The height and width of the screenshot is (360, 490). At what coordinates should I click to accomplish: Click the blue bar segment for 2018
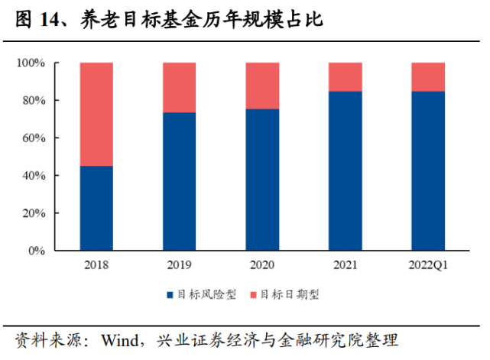[x=96, y=208]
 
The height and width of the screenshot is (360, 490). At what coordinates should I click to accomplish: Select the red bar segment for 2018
[x=96, y=115]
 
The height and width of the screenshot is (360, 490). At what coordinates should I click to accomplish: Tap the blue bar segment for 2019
[x=179, y=181]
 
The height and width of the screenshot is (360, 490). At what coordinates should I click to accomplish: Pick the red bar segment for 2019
[x=179, y=88]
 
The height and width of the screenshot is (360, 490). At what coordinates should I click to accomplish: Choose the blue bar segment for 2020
[x=262, y=180]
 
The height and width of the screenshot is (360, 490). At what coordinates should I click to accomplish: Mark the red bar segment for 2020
[x=262, y=86]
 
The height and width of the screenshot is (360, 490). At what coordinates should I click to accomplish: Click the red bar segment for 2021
[x=345, y=77]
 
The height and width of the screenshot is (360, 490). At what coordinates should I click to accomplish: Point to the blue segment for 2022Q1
[x=428, y=170]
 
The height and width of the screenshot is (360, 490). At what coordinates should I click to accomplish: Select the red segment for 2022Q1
[x=428, y=77]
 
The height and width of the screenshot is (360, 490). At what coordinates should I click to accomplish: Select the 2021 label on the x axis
[x=345, y=265]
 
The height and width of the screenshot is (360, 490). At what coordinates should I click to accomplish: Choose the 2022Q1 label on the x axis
[x=428, y=265]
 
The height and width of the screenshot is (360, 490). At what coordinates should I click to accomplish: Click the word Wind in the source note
[x=120, y=339]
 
